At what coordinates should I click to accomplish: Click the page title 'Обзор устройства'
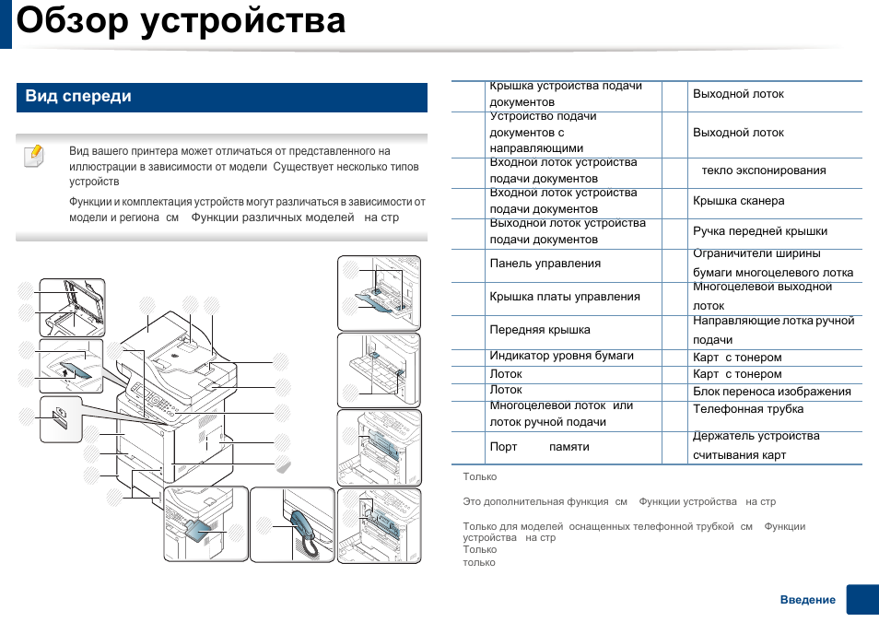(x=182, y=21)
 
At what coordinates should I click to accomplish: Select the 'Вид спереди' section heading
(x=78, y=97)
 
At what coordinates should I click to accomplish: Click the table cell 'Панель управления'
(x=545, y=264)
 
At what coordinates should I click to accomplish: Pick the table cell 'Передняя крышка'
(x=540, y=330)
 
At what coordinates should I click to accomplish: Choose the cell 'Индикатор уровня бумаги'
(x=561, y=356)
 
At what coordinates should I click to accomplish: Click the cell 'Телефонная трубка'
(x=748, y=409)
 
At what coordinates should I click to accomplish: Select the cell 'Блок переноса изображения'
(x=771, y=392)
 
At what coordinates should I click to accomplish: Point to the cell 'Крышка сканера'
(x=738, y=201)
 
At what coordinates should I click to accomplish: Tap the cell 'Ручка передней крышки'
(x=760, y=231)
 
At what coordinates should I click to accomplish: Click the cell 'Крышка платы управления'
(x=564, y=297)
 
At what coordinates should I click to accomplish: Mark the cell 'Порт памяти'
(x=539, y=447)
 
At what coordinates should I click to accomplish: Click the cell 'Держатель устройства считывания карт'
(x=756, y=446)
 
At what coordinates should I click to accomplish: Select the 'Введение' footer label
(x=807, y=600)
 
